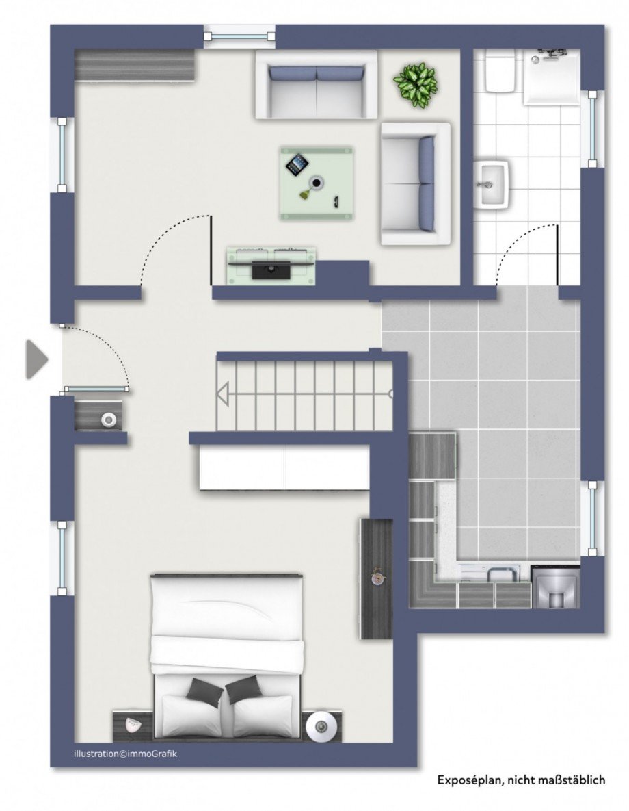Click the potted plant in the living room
pyautogui.click(x=415, y=84)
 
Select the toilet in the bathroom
pyautogui.click(x=499, y=71)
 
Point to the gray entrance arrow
pyautogui.click(x=36, y=359)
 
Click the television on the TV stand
pyautogui.click(x=272, y=268)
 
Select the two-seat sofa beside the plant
pyautogui.click(x=316, y=84)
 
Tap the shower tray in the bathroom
pyautogui.click(x=551, y=75)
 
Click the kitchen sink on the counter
pyautogui.click(x=494, y=574)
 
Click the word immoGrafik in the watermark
pyautogui.click(x=146, y=753)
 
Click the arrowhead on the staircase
pyautogui.click(x=223, y=394)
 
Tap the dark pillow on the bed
pyautogui.click(x=205, y=691)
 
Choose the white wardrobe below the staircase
pyautogui.click(x=284, y=467)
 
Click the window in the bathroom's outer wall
pyautogui.click(x=592, y=129)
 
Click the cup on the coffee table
pyautogui.click(x=317, y=182)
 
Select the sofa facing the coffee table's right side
pyautogui.click(x=415, y=183)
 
